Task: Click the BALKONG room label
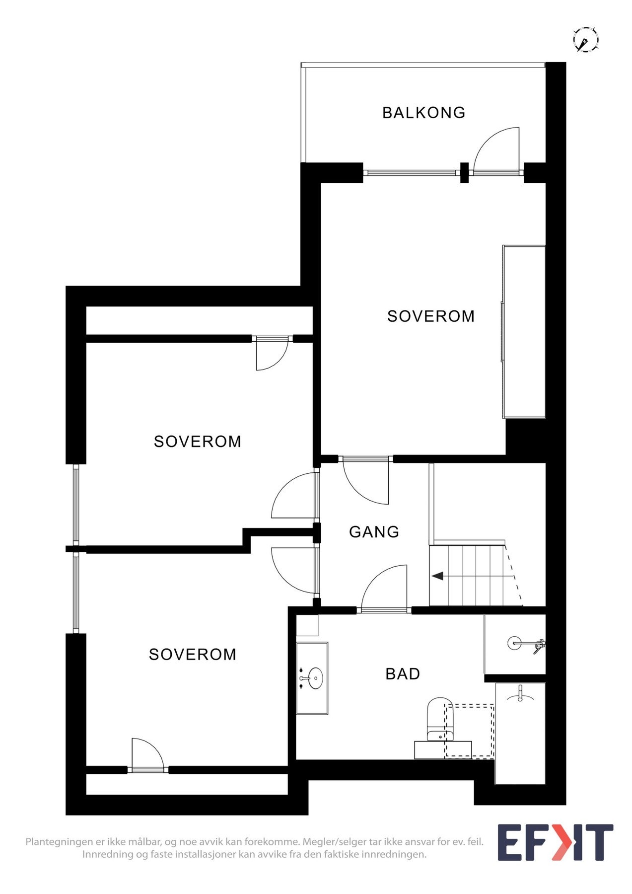423,113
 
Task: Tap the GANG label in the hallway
374,532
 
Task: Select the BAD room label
403,674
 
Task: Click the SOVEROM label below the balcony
430,316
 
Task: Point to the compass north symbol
585,40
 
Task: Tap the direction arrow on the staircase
437,576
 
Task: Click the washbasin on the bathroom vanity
315,678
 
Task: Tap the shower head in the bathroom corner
514,643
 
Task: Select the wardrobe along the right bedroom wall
524,331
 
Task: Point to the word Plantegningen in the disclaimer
59,842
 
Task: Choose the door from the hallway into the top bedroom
366,479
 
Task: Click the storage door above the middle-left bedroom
271,353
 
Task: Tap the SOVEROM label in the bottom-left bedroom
193,655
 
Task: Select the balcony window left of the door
410,173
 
